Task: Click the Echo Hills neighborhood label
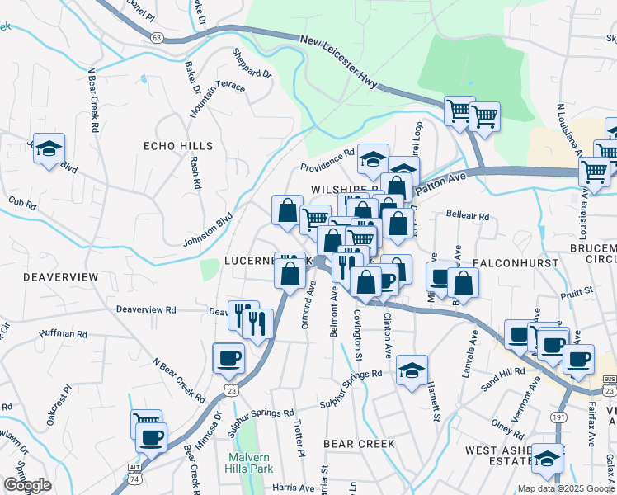coord(178,146)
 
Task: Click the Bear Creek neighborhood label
coord(359,444)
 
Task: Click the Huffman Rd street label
coord(64,335)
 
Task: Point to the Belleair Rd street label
coord(468,216)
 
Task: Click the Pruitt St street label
coord(577,290)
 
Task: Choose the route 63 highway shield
coord(157,36)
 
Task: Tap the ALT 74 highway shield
coord(134,471)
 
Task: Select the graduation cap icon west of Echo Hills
coord(49,148)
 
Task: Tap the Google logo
coord(27,485)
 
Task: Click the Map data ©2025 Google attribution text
coord(566,488)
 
